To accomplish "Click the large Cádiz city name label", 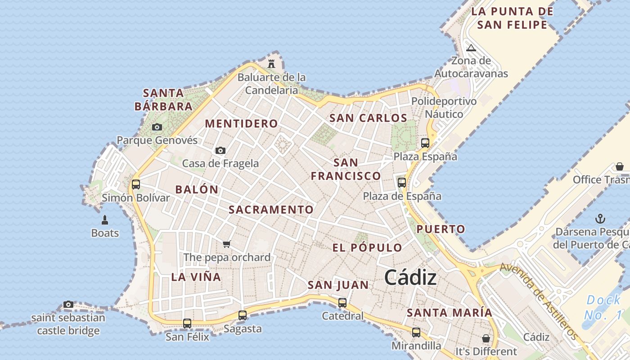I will coord(410,278).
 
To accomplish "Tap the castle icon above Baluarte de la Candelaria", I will coord(271,63).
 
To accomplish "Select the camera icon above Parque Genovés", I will coord(157,127).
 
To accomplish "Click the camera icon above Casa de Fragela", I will coord(220,150).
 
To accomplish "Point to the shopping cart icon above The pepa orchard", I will coord(227,244).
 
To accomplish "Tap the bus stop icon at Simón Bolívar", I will coord(135,184).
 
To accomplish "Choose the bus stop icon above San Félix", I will coord(187,323).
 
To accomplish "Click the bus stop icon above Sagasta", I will coord(243,315).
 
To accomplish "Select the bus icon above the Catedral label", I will coord(342,302).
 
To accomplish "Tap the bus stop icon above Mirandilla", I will coord(416,333).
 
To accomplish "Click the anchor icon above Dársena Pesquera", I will coord(600,219).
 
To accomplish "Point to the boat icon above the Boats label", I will coord(105,220).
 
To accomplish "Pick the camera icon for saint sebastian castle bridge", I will coord(68,305).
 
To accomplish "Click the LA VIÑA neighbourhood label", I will coord(196,277).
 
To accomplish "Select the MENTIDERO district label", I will coord(241,123).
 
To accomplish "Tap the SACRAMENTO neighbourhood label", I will coord(271,210).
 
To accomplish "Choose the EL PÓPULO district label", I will coord(367,247).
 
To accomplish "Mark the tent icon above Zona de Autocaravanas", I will coord(471,48).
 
